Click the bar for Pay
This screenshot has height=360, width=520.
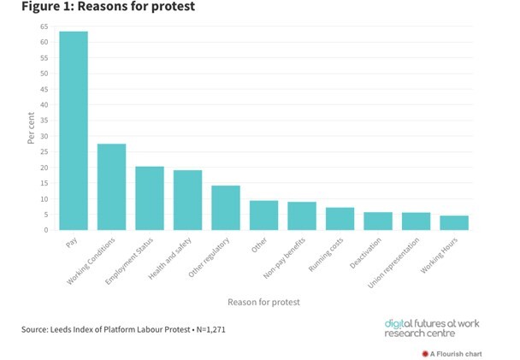point(74,131)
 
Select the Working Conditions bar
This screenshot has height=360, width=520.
point(111,187)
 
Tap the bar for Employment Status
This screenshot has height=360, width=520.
point(150,198)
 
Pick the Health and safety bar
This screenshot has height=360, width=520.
point(188,200)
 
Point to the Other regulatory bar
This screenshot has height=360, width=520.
point(226,208)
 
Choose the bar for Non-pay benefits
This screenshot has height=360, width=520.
point(302,215)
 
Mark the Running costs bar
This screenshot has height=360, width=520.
point(340,219)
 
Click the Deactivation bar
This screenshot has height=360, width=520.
point(378,221)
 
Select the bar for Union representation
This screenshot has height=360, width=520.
point(416,221)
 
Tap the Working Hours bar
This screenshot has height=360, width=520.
point(454,222)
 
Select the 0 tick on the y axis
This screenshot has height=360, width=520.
point(45,230)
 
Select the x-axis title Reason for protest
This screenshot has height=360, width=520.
point(263,302)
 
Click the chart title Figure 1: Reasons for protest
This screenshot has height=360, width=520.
point(102,8)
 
